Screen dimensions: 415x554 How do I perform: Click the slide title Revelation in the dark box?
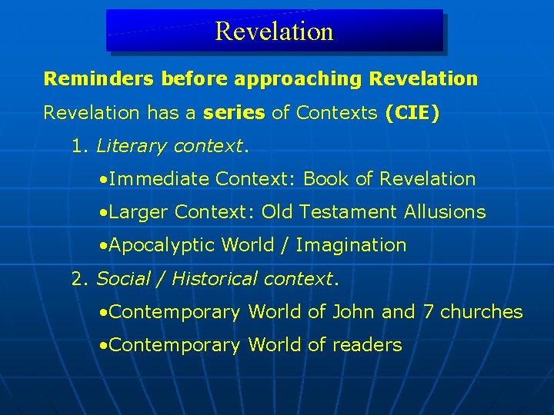click(274, 31)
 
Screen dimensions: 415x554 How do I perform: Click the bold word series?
click(234, 113)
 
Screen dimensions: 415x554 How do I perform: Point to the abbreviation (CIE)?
click(412, 113)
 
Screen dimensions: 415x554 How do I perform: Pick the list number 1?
click(77, 146)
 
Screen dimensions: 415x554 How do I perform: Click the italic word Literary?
click(132, 146)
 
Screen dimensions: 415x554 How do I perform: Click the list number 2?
click(78, 278)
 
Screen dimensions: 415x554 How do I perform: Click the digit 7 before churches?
click(429, 311)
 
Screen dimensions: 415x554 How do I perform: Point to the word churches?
click(482, 311)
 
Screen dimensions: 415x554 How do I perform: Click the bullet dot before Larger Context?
click(103, 213)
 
